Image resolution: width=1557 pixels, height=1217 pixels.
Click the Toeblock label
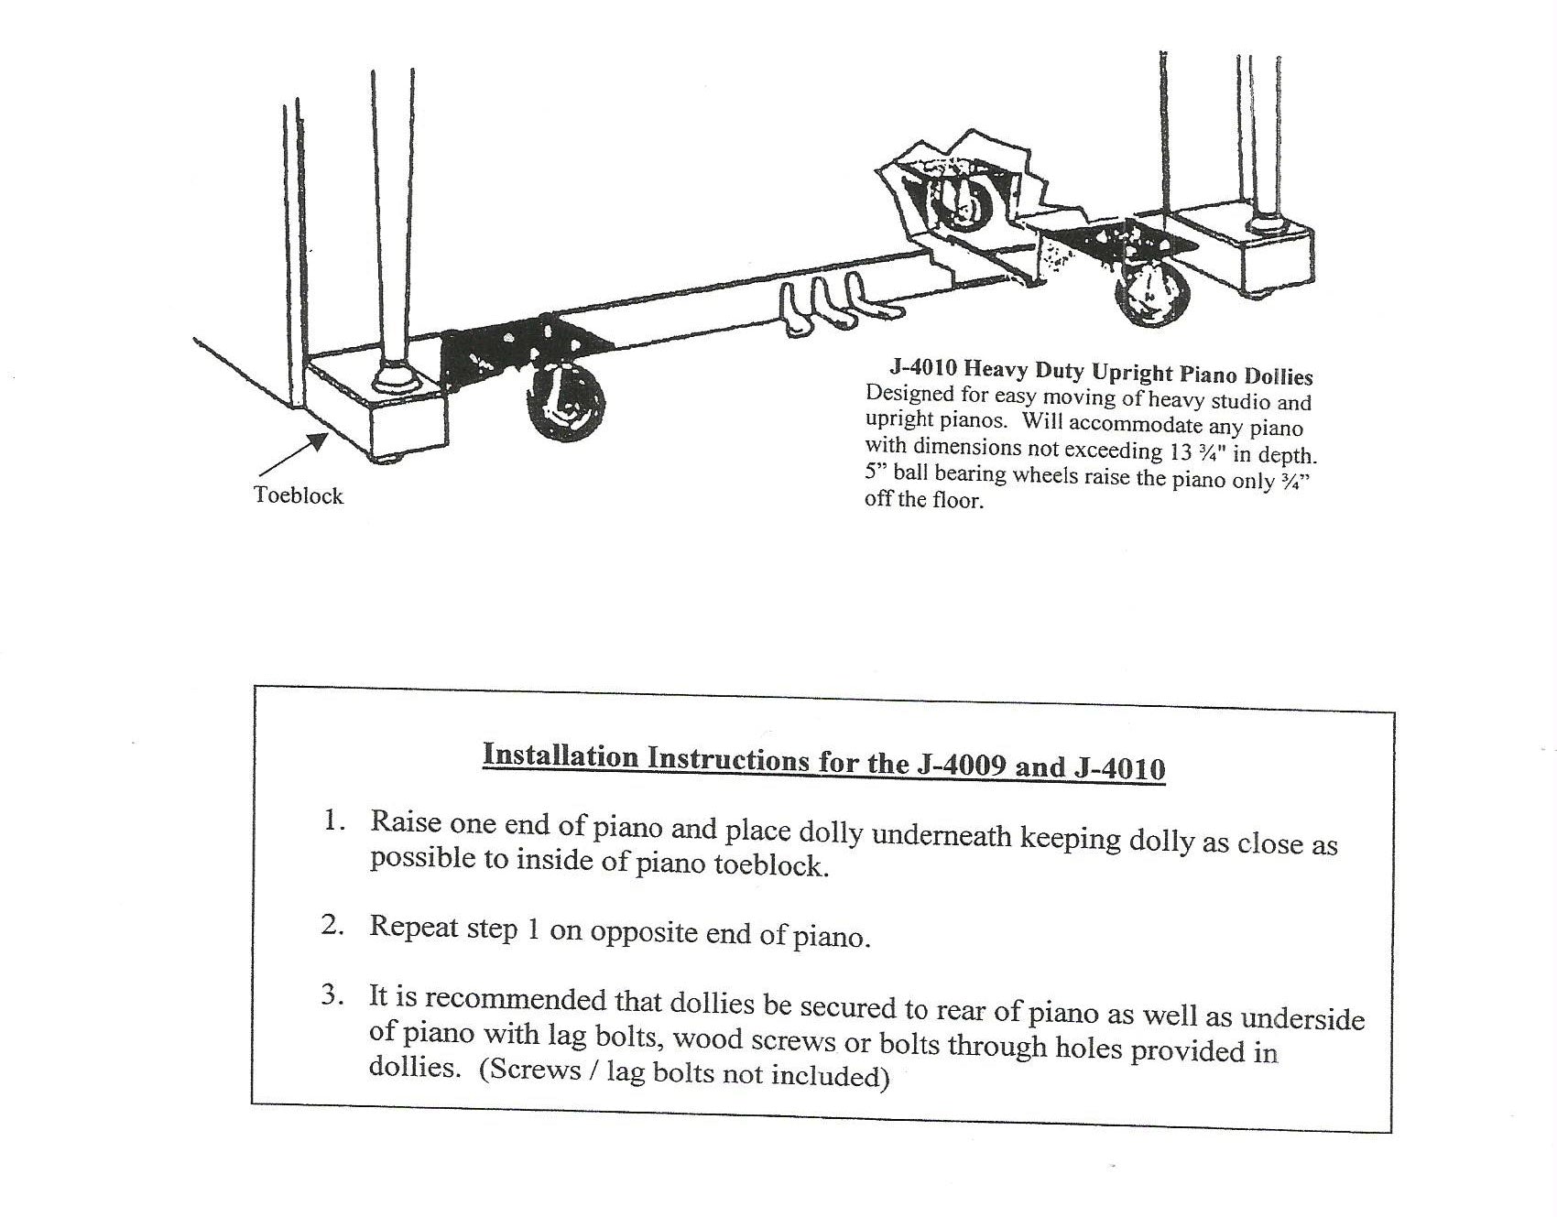[299, 495]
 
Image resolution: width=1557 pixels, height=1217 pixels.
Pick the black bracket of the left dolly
[513, 353]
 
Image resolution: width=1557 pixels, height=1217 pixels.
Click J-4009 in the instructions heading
[961, 764]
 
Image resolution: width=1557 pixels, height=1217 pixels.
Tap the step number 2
[332, 925]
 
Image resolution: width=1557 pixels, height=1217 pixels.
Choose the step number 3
[332, 995]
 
